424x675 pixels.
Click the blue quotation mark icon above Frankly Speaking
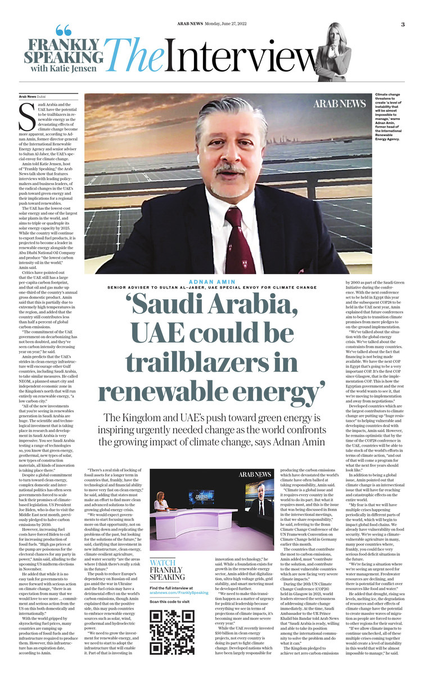coord(64,31)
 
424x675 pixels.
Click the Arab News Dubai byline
coord(32,96)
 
